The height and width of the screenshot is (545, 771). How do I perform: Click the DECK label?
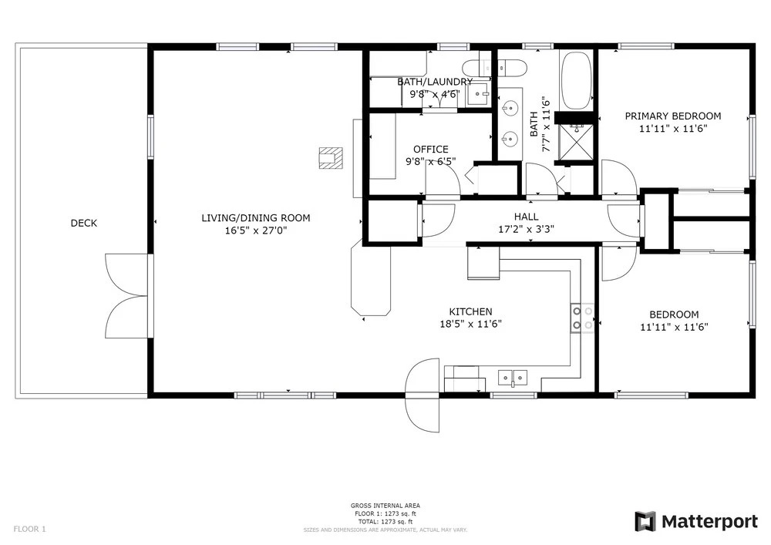tap(83, 223)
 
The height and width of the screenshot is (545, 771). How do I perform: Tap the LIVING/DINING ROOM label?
tap(256, 217)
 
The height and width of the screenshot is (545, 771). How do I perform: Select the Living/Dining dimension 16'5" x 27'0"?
tap(256, 230)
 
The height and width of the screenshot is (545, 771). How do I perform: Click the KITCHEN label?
tap(470, 311)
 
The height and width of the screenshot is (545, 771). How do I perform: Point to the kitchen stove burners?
tap(582, 318)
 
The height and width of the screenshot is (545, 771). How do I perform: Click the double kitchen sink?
tap(513, 378)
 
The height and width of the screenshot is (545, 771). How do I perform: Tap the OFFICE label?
tap(431, 149)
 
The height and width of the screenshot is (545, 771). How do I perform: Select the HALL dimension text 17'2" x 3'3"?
tap(526, 229)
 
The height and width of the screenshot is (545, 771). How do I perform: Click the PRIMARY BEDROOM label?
tap(673, 116)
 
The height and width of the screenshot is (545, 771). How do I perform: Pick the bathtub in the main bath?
tap(576, 81)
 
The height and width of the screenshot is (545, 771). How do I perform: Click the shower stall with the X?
tap(575, 142)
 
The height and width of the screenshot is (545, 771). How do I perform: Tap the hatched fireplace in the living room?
tap(331, 158)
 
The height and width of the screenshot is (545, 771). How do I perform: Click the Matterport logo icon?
tap(645, 521)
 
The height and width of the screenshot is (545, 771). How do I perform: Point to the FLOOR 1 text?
tap(29, 530)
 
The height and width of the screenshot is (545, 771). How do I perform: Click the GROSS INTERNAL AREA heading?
tap(385, 506)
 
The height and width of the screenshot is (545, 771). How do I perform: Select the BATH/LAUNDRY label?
tap(435, 82)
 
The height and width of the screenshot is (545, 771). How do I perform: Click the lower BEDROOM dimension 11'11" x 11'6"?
tap(674, 328)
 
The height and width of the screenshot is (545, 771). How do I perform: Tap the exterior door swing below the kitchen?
tap(422, 395)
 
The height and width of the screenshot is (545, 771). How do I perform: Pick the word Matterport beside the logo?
tap(709, 522)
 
